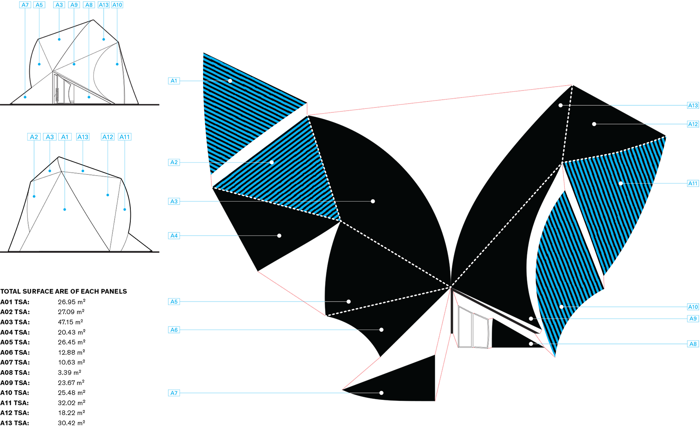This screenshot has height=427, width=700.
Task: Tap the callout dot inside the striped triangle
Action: pyautogui.click(x=272, y=163)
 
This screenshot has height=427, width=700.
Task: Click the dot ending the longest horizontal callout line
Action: pyautogui.click(x=373, y=201)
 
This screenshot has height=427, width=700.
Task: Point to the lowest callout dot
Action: pyautogui.click(x=381, y=393)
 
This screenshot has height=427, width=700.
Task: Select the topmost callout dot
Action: pyautogui.click(x=230, y=81)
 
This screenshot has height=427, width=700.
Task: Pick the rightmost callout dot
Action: pyautogui.click(x=620, y=184)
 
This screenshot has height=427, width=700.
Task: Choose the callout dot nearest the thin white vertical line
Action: pyautogui.click(x=560, y=105)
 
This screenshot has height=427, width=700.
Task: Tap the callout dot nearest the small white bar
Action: pyautogui.click(x=349, y=302)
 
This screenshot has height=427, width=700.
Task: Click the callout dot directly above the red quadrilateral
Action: pyautogui.click(x=381, y=330)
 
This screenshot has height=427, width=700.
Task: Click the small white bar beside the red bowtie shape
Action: pyautogui.click(x=325, y=319)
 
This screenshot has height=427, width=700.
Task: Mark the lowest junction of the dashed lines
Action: pyautogui.click(x=451, y=287)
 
